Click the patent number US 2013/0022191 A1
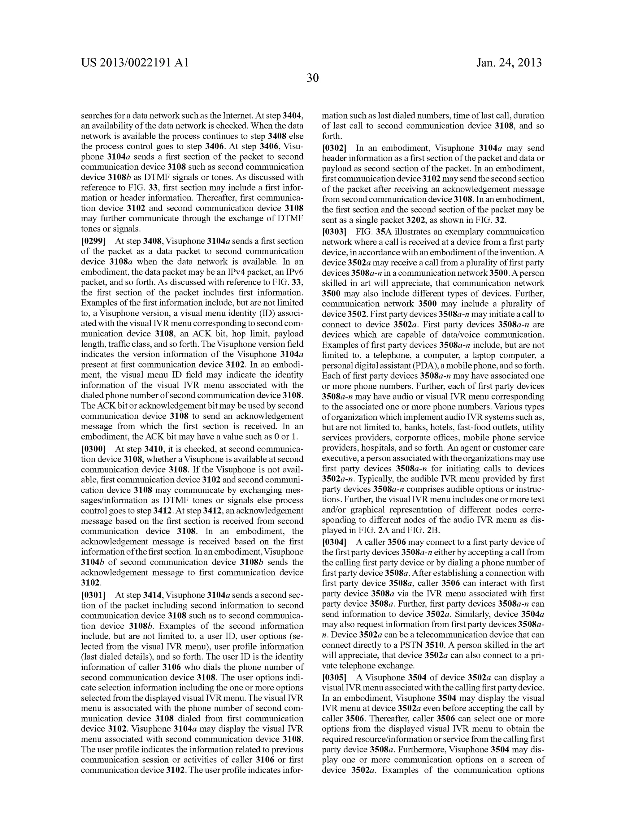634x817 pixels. point(135,63)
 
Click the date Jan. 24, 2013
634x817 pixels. point(509,63)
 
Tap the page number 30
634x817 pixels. point(312,78)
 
